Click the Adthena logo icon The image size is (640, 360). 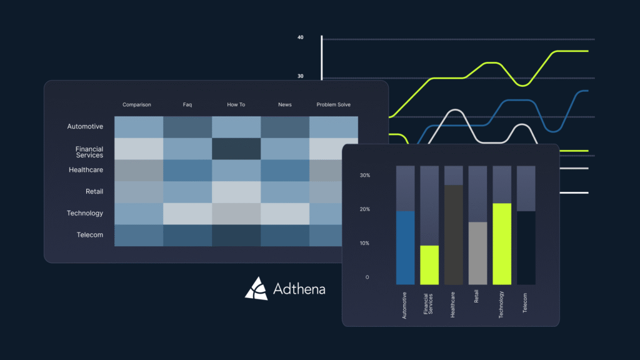[x=256, y=288]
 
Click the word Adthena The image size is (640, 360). [x=299, y=289]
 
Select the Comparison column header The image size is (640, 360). [x=137, y=105]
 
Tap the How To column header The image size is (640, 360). [x=236, y=105]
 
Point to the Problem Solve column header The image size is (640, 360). [x=334, y=105]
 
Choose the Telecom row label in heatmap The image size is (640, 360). [x=86, y=235]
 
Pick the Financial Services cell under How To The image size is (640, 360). [x=236, y=149]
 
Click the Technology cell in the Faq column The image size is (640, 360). [x=187, y=214]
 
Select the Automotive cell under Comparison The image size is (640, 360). [x=139, y=127]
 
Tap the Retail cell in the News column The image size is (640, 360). [x=285, y=192]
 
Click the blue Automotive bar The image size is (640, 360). [x=405, y=248]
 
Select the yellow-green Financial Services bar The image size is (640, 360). [x=429, y=265]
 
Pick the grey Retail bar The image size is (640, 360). [x=477, y=253]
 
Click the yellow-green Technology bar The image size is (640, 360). [x=502, y=244]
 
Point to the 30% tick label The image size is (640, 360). [x=365, y=176]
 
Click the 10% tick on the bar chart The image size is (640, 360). [x=365, y=243]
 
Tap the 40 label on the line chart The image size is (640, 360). [x=301, y=37]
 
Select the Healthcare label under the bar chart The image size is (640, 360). [x=453, y=306]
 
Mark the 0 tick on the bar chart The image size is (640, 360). [x=367, y=277]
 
